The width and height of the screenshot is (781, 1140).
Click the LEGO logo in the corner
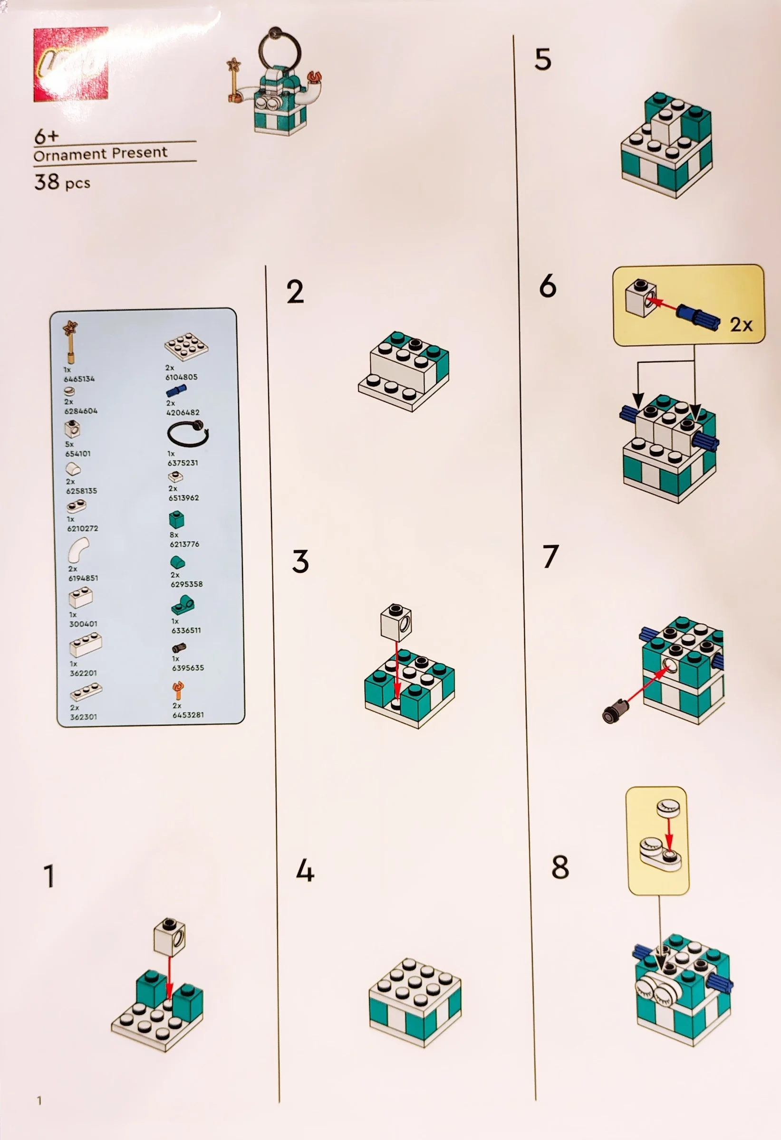coord(71,64)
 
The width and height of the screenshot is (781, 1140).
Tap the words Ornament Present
coord(101,153)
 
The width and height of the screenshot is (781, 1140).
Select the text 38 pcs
coord(62,182)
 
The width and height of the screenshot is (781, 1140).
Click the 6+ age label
coord(46,136)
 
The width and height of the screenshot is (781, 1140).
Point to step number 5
coord(543,60)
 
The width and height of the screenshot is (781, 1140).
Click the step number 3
coord(300,561)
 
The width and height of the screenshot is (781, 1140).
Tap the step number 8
coord(560,867)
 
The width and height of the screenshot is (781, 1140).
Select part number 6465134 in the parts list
coord(79,379)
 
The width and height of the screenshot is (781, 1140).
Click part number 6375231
coord(183,463)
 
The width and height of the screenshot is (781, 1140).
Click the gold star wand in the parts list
coord(71,341)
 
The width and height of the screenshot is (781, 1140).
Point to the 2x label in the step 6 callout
coord(741,325)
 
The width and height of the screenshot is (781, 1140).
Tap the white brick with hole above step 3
coord(396,622)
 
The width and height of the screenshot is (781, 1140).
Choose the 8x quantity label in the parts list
coord(174,535)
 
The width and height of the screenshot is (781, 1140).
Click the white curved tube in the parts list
coord(78,550)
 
